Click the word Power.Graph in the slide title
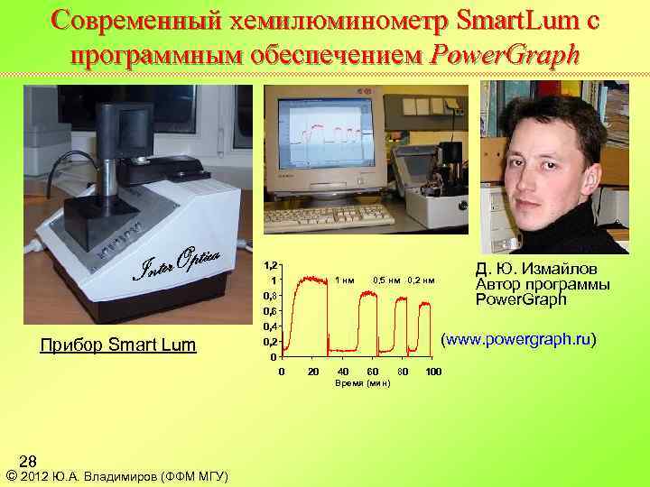click(505, 54)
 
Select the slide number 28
click(28, 460)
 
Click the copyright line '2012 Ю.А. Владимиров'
click(117, 476)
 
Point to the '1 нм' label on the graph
click(344, 280)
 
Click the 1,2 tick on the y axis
click(269, 267)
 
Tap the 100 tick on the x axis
click(433, 372)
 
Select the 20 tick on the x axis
click(312, 372)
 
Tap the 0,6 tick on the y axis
click(269, 311)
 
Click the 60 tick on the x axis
click(373, 372)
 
